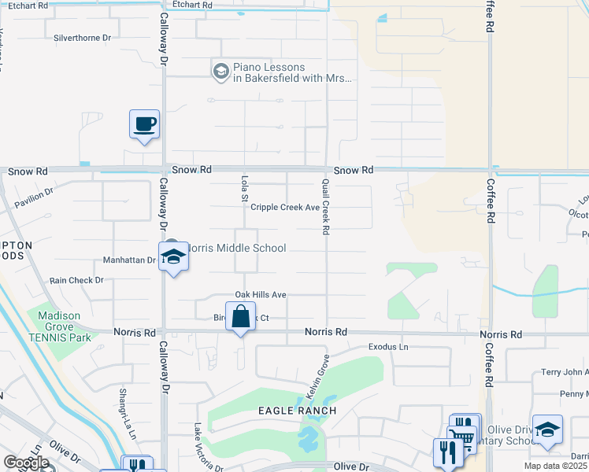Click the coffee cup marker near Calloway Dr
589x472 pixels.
click(x=144, y=125)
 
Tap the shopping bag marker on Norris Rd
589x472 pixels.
click(x=240, y=317)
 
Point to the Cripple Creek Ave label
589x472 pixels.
click(x=284, y=208)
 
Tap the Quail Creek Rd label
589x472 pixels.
click(x=324, y=206)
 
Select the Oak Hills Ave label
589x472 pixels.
click(x=259, y=294)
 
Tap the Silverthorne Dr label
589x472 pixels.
click(x=82, y=37)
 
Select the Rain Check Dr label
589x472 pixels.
click(x=76, y=280)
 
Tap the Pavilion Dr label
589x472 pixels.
click(x=33, y=195)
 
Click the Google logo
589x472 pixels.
click(x=26, y=463)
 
